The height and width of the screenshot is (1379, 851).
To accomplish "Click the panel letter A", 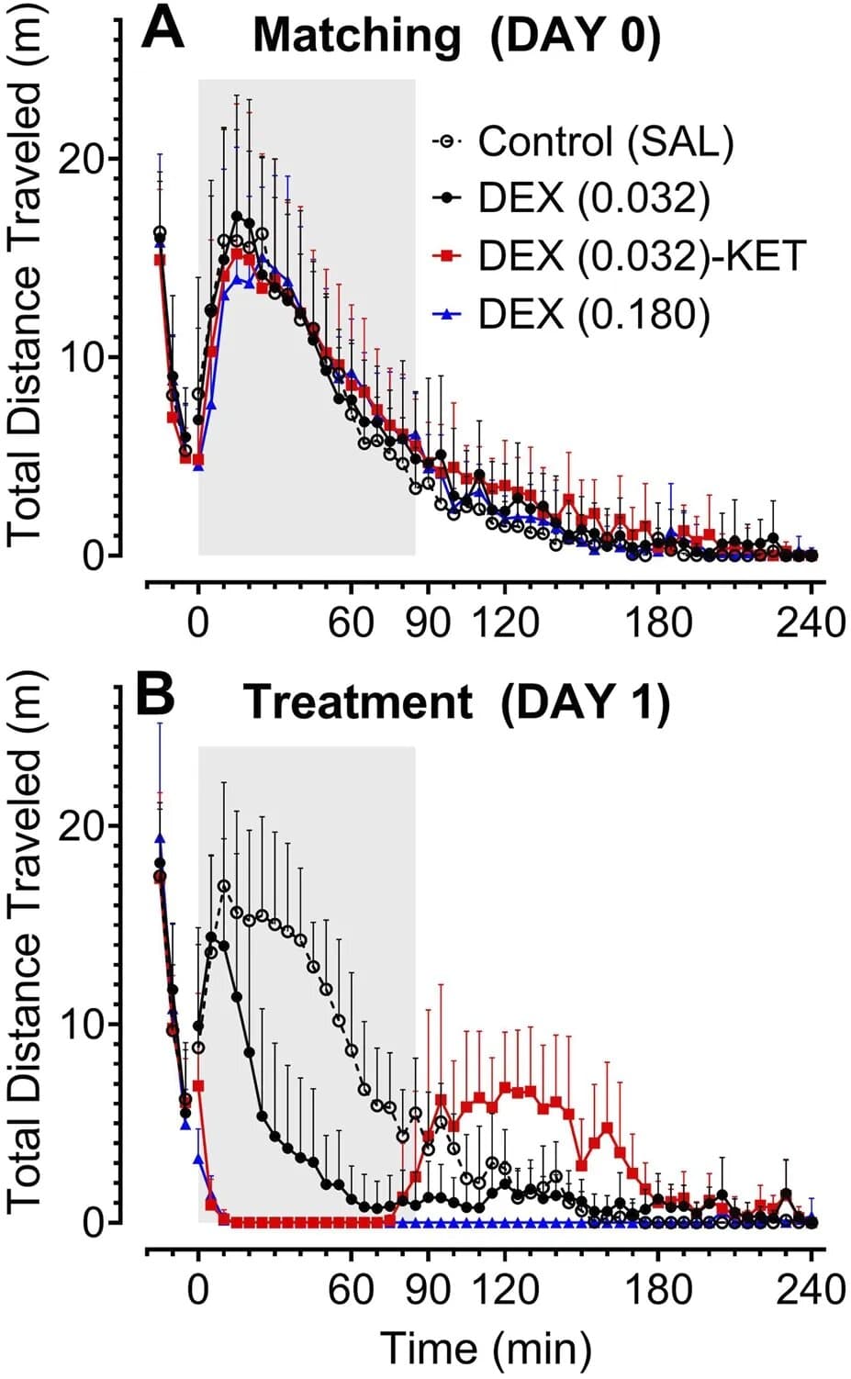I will point(163,30).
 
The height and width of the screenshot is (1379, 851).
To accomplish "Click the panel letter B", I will point(155,695).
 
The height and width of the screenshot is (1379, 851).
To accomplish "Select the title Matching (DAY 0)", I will point(456,37).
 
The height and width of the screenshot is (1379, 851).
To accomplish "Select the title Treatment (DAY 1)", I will point(456,702).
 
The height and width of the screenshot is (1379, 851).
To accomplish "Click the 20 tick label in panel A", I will point(81,158).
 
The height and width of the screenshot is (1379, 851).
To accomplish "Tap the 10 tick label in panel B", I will point(81,1024).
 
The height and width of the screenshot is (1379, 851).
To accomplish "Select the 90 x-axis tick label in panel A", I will point(428,622).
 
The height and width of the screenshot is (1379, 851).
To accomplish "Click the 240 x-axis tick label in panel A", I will point(810,622).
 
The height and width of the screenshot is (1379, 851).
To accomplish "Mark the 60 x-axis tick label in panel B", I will point(352,1289).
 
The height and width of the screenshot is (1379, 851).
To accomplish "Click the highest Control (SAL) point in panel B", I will point(223,886).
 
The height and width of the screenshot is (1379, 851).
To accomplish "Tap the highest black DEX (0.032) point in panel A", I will point(237,217).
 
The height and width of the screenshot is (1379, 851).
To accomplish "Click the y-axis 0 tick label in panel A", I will point(93,556).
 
